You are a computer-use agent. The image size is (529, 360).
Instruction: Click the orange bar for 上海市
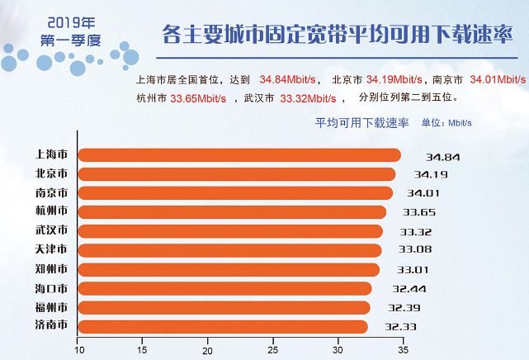239,154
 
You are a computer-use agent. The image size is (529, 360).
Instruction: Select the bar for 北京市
237,173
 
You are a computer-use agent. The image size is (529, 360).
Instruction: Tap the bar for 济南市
223,327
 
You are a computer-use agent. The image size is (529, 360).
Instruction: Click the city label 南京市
52,193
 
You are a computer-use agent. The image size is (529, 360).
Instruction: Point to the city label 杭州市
52,212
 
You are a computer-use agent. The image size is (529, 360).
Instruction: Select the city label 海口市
52,289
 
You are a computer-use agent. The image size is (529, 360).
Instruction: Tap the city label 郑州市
52,270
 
